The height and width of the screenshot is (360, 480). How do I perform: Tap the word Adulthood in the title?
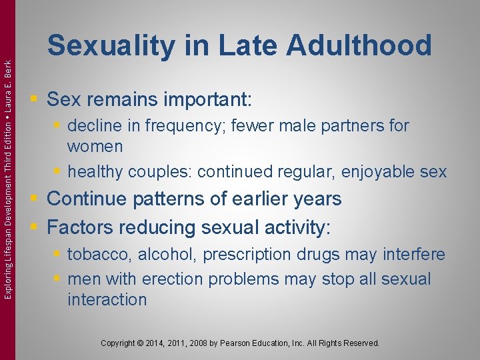[x=359, y=46]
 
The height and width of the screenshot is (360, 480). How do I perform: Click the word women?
[x=95, y=146]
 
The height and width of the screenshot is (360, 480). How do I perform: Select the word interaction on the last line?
[x=107, y=299]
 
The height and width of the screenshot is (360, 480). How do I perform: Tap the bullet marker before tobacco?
[x=58, y=255]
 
